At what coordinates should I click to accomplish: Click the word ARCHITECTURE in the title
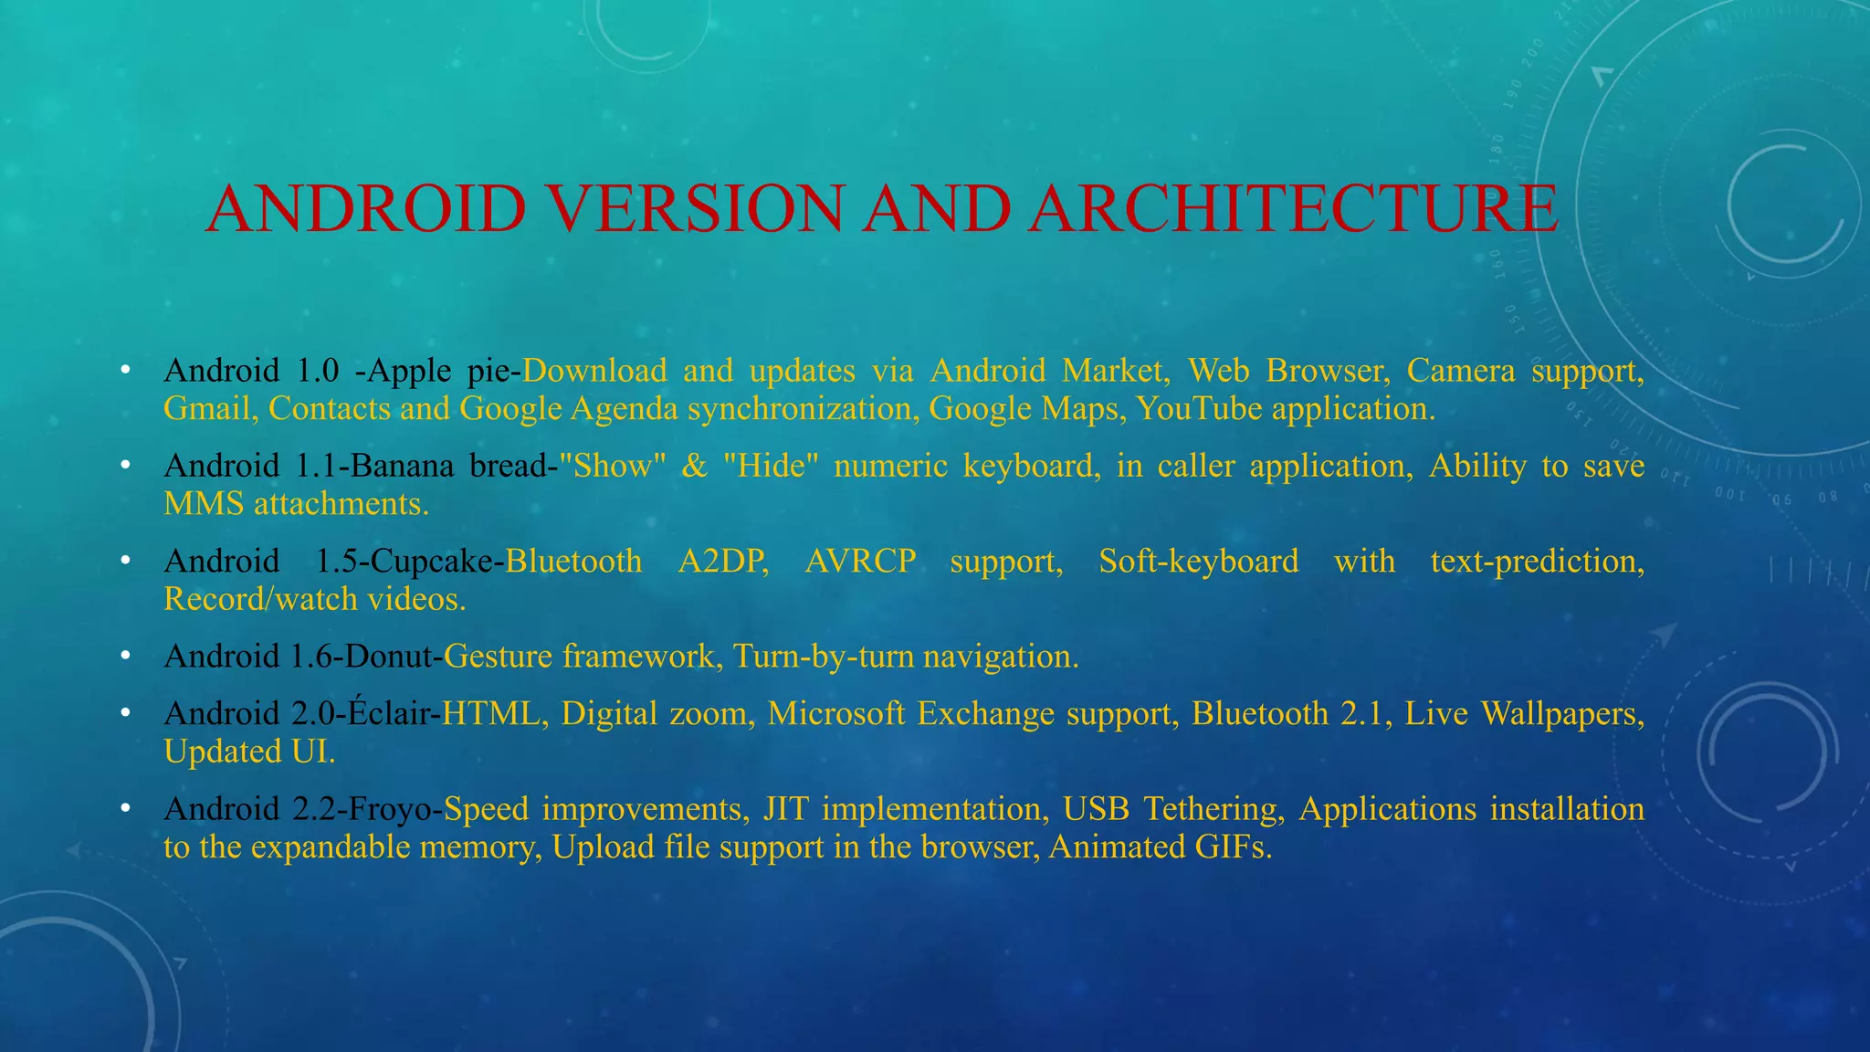[1294, 208]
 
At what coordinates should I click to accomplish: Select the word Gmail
[207, 409]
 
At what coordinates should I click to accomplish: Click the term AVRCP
[860, 562]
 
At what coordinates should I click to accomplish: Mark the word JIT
[785, 809]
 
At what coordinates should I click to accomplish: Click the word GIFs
[1233, 847]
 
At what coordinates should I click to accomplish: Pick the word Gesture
[498, 657]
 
